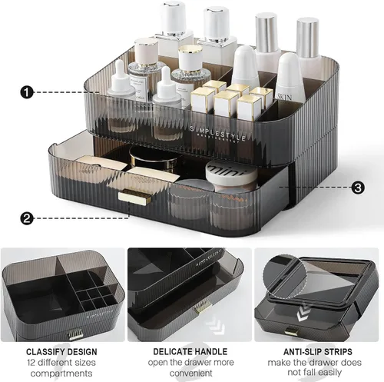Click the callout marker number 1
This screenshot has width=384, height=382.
pyautogui.click(x=27, y=92)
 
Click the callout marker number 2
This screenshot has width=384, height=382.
pyautogui.click(x=27, y=218)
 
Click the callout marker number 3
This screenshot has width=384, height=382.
pyautogui.click(x=358, y=187)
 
